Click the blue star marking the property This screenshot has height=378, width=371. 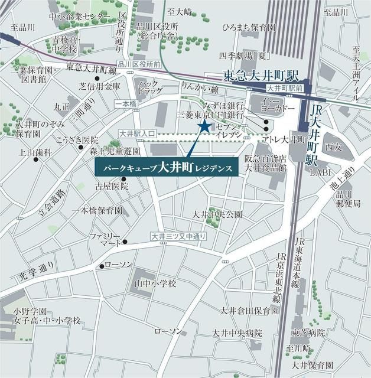tap(204, 126)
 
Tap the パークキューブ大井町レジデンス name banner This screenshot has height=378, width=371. tap(166, 167)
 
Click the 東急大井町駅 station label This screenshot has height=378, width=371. tap(262, 76)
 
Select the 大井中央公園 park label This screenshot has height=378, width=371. tap(217, 214)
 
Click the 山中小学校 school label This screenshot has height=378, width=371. tap(155, 283)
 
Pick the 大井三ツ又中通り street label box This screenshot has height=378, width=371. tap(178, 237)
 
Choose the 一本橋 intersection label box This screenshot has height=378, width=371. tap(125, 103)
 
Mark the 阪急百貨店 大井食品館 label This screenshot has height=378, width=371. tap(266, 163)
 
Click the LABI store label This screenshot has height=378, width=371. tap(320, 174)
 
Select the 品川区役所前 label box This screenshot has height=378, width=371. tap(139, 64)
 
